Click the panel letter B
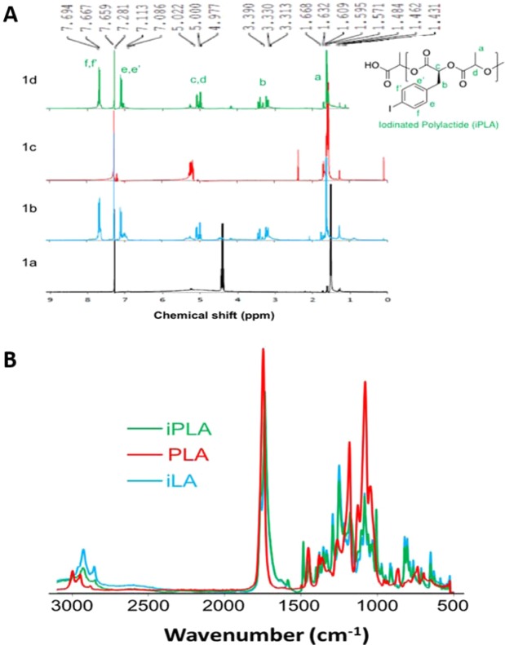point(11,336)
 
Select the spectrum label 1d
point(30,80)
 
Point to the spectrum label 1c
point(30,147)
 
